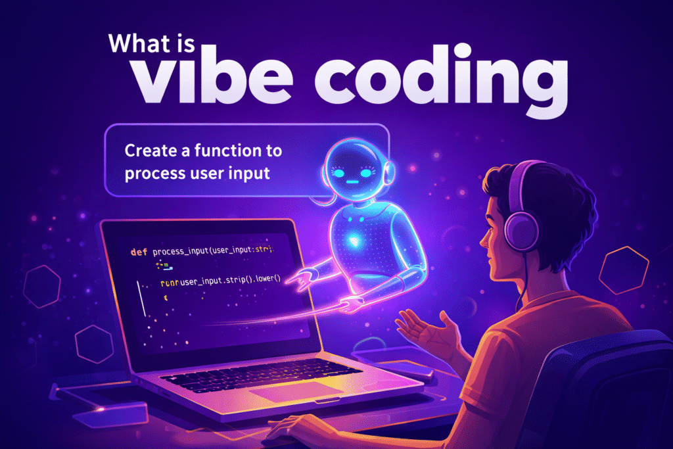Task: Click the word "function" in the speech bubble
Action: point(225,151)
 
